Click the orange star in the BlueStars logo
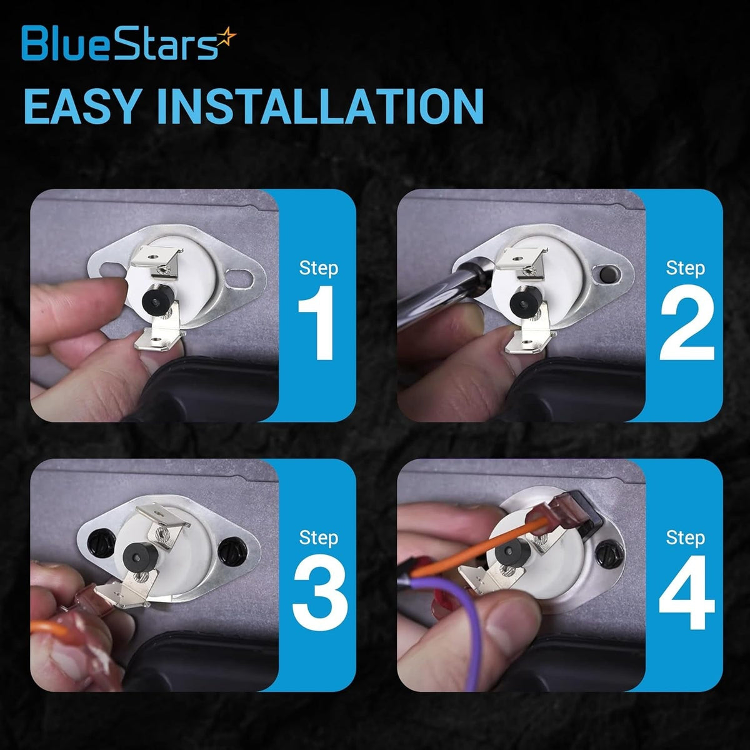tap(226, 38)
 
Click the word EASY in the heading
tap(81, 106)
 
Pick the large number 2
tap(687, 322)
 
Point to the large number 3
tap(320, 592)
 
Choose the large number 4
tap(687, 592)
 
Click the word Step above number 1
tap(318, 269)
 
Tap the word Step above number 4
tap(686, 539)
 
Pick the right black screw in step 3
tap(232, 551)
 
